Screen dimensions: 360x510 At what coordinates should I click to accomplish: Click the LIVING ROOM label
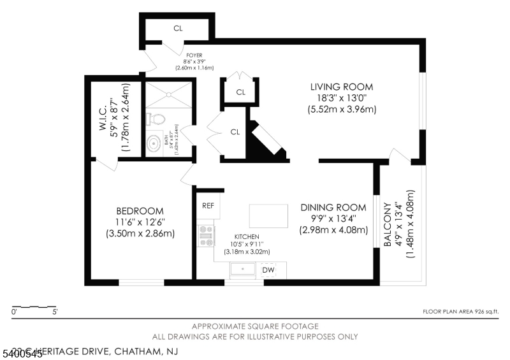(341, 87)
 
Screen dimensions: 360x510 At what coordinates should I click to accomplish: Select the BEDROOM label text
(140, 211)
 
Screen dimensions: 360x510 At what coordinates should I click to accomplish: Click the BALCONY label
(387, 224)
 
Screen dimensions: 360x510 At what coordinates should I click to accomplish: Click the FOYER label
(194, 55)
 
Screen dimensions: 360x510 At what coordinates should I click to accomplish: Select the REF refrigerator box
(208, 206)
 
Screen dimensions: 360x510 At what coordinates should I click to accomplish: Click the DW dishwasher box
(268, 270)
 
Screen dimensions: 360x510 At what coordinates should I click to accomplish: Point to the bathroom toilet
(155, 119)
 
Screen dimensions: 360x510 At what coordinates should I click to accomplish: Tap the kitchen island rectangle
(267, 215)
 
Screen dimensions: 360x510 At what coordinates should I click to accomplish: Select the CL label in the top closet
(178, 28)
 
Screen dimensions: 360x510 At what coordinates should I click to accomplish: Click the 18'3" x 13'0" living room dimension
(341, 98)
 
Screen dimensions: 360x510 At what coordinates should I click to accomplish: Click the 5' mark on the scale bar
(55, 312)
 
